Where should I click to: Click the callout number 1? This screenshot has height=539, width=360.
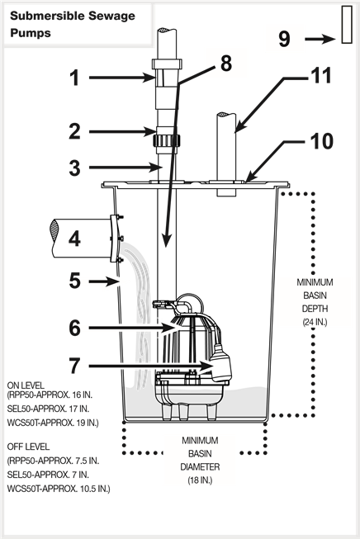[74, 78]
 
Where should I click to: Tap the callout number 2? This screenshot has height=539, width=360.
[74, 131]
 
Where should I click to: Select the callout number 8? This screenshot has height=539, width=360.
[226, 64]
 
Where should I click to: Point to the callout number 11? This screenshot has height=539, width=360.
[321, 75]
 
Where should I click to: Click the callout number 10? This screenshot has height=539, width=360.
[322, 141]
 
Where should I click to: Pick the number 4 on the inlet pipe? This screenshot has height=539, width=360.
[74, 239]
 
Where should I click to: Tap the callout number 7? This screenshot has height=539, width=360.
[74, 366]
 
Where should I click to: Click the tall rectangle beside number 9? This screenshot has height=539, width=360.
[347, 25]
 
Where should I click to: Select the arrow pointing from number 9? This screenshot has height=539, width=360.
[320, 39]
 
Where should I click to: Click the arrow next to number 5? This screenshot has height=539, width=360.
[104, 281]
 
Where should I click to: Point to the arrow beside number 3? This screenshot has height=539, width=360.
[126, 168]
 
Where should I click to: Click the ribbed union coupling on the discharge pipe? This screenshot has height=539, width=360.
[167, 140]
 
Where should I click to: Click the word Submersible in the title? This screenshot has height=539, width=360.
[47, 16]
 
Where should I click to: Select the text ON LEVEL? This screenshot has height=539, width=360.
[26, 385]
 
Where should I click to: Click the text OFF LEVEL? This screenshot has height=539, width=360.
[28, 447]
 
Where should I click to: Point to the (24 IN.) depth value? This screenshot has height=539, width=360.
[315, 322]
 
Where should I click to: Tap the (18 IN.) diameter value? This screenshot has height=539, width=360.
[200, 480]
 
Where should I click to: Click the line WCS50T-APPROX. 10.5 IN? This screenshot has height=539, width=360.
[59, 489]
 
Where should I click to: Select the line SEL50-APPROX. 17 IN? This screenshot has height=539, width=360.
[48, 409]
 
